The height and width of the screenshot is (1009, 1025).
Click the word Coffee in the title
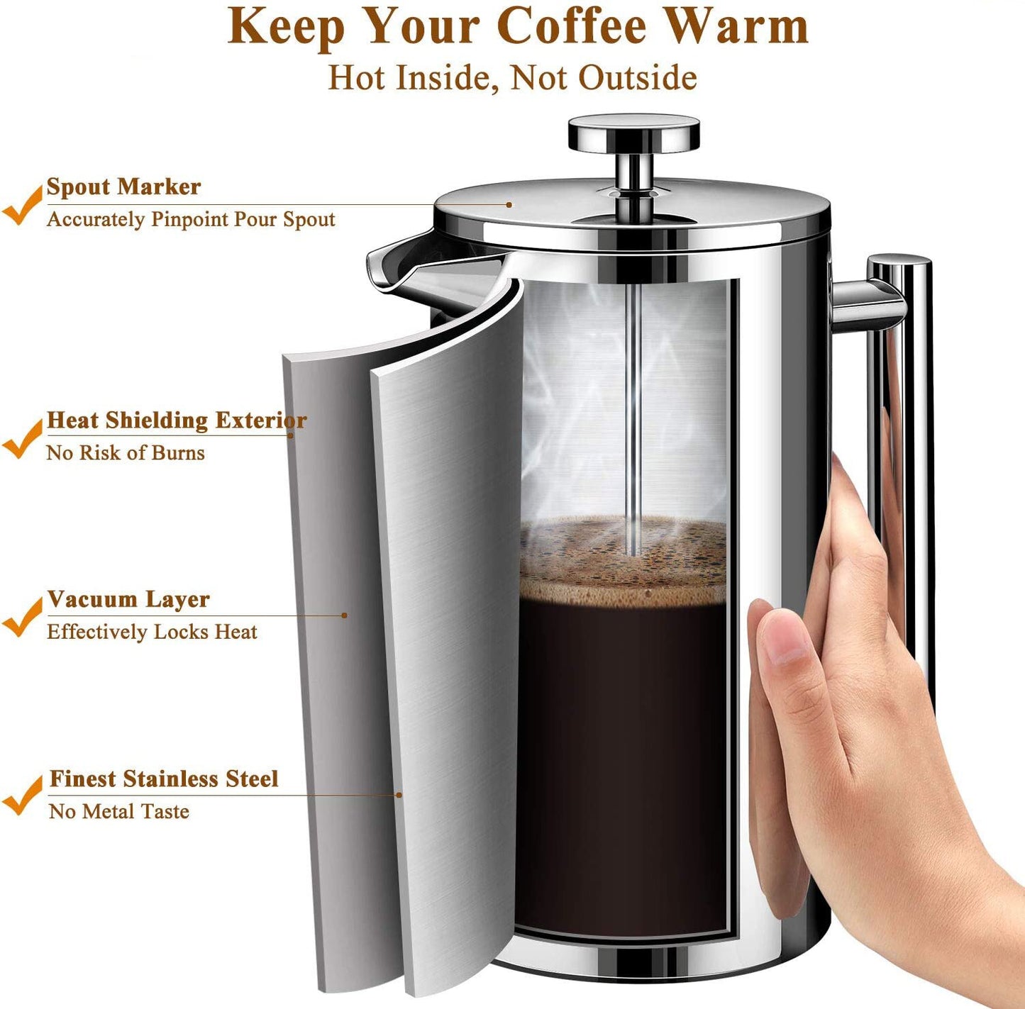pyautogui.click(x=571, y=26)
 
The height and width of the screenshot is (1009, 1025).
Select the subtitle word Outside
pyautogui.click(x=637, y=78)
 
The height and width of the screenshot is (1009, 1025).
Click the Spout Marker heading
pyautogui.click(x=123, y=186)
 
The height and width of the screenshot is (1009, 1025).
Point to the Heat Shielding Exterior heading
pyautogui.click(x=177, y=420)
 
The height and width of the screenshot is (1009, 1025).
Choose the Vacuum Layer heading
pyautogui.click(x=128, y=599)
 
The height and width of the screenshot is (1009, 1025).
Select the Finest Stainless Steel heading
pyautogui.click(x=164, y=779)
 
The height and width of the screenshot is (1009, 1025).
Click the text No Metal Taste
pyautogui.click(x=118, y=812)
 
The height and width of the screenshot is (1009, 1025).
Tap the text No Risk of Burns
pyautogui.click(x=126, y=452)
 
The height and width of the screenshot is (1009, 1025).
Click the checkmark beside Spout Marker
pyautogui.click(x=21, y=206)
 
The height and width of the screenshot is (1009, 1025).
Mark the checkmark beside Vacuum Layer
pyautogui.click(x=21, y=617)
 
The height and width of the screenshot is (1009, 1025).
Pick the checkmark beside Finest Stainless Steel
pyautogui.click(x=21, y=795)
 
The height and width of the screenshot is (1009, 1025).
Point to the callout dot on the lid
pyautogui.click(x=509, y=204)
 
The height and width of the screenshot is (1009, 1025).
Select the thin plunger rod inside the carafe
pyautogui.click(x=633, y=420)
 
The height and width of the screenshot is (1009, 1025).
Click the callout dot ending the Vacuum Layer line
pyautogui.click(x=345, y=615)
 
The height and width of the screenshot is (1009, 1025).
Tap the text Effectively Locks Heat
pyautogui.click(x=152, y=632)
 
